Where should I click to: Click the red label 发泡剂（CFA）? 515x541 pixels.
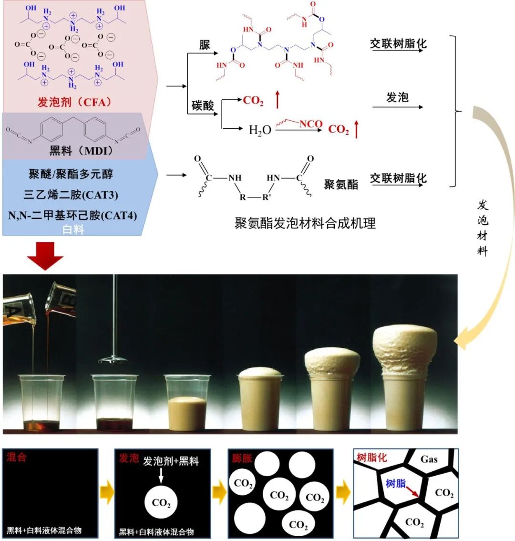pyautogui.click(x=74, y=102)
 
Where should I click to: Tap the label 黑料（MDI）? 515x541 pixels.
pyautogui.click(x=82, y=151)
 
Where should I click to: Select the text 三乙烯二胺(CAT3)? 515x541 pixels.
pyautogui.click(x=71, y=195)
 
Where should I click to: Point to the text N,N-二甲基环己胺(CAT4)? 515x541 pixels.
pyautogui.click(x=72, y=216)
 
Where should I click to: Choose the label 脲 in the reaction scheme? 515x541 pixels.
pyautogui.click(x=205, y=45)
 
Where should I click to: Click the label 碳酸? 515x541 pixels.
pyautogui.click(x=203, y=105)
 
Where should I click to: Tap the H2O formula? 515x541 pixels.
pyautogui.click(x=260, y=130)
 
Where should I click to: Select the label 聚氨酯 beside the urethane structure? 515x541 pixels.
pyautogui.click(x=341, y=185)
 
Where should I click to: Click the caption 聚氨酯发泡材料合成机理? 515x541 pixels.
pyautogui.click(x=305, y=223)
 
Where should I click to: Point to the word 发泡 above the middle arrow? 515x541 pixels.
pyautogui.click(x=397, y=97)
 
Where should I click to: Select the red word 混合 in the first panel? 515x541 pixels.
pyautogui.click(x=17, y=457)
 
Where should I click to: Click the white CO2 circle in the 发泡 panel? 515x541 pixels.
pyautogui.click(x=161, y=503)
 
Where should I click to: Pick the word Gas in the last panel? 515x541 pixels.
pyautogui.click(x=429, y=459)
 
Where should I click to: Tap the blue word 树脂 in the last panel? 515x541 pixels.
pyautogui.click(x=396, y=484)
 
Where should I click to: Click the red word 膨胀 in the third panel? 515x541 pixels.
pyautogui.click(x=242, y=458)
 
